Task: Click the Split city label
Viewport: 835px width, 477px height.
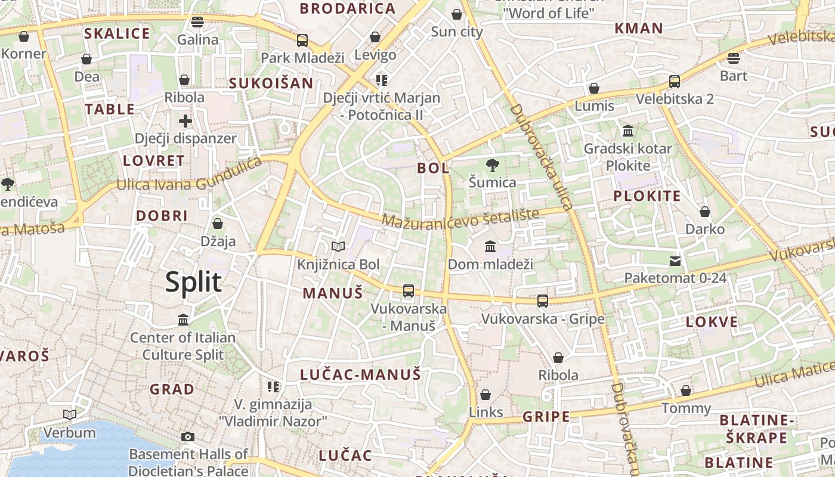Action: [193, 282]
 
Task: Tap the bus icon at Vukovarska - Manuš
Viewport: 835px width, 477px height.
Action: [408, 291]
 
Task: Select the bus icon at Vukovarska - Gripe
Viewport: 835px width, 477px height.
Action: [542, 301]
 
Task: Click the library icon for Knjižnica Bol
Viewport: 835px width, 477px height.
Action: [338, 246]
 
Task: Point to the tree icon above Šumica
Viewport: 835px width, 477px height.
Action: [492, 165]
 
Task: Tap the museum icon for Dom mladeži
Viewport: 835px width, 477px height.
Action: [490, 246]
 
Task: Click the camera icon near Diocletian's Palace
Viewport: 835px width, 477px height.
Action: [188, 437]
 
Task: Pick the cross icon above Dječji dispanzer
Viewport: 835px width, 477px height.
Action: [185, 121]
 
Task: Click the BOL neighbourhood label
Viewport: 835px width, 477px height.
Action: [433, 168]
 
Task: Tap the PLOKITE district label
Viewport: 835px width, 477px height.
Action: [647, 196]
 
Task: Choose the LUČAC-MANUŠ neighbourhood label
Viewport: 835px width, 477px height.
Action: [361, 374]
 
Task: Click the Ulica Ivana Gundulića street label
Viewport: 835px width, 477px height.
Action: [189, 176]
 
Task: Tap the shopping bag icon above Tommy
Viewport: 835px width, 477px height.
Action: [686, 391]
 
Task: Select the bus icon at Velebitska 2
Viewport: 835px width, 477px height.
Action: [675, 82]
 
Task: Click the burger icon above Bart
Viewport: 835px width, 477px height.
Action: [734, 58]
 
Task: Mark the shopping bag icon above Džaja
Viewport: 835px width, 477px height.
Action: [218, 224]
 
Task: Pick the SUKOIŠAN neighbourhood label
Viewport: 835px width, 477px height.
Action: [271, 83]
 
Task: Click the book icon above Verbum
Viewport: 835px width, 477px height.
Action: [70, 414]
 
